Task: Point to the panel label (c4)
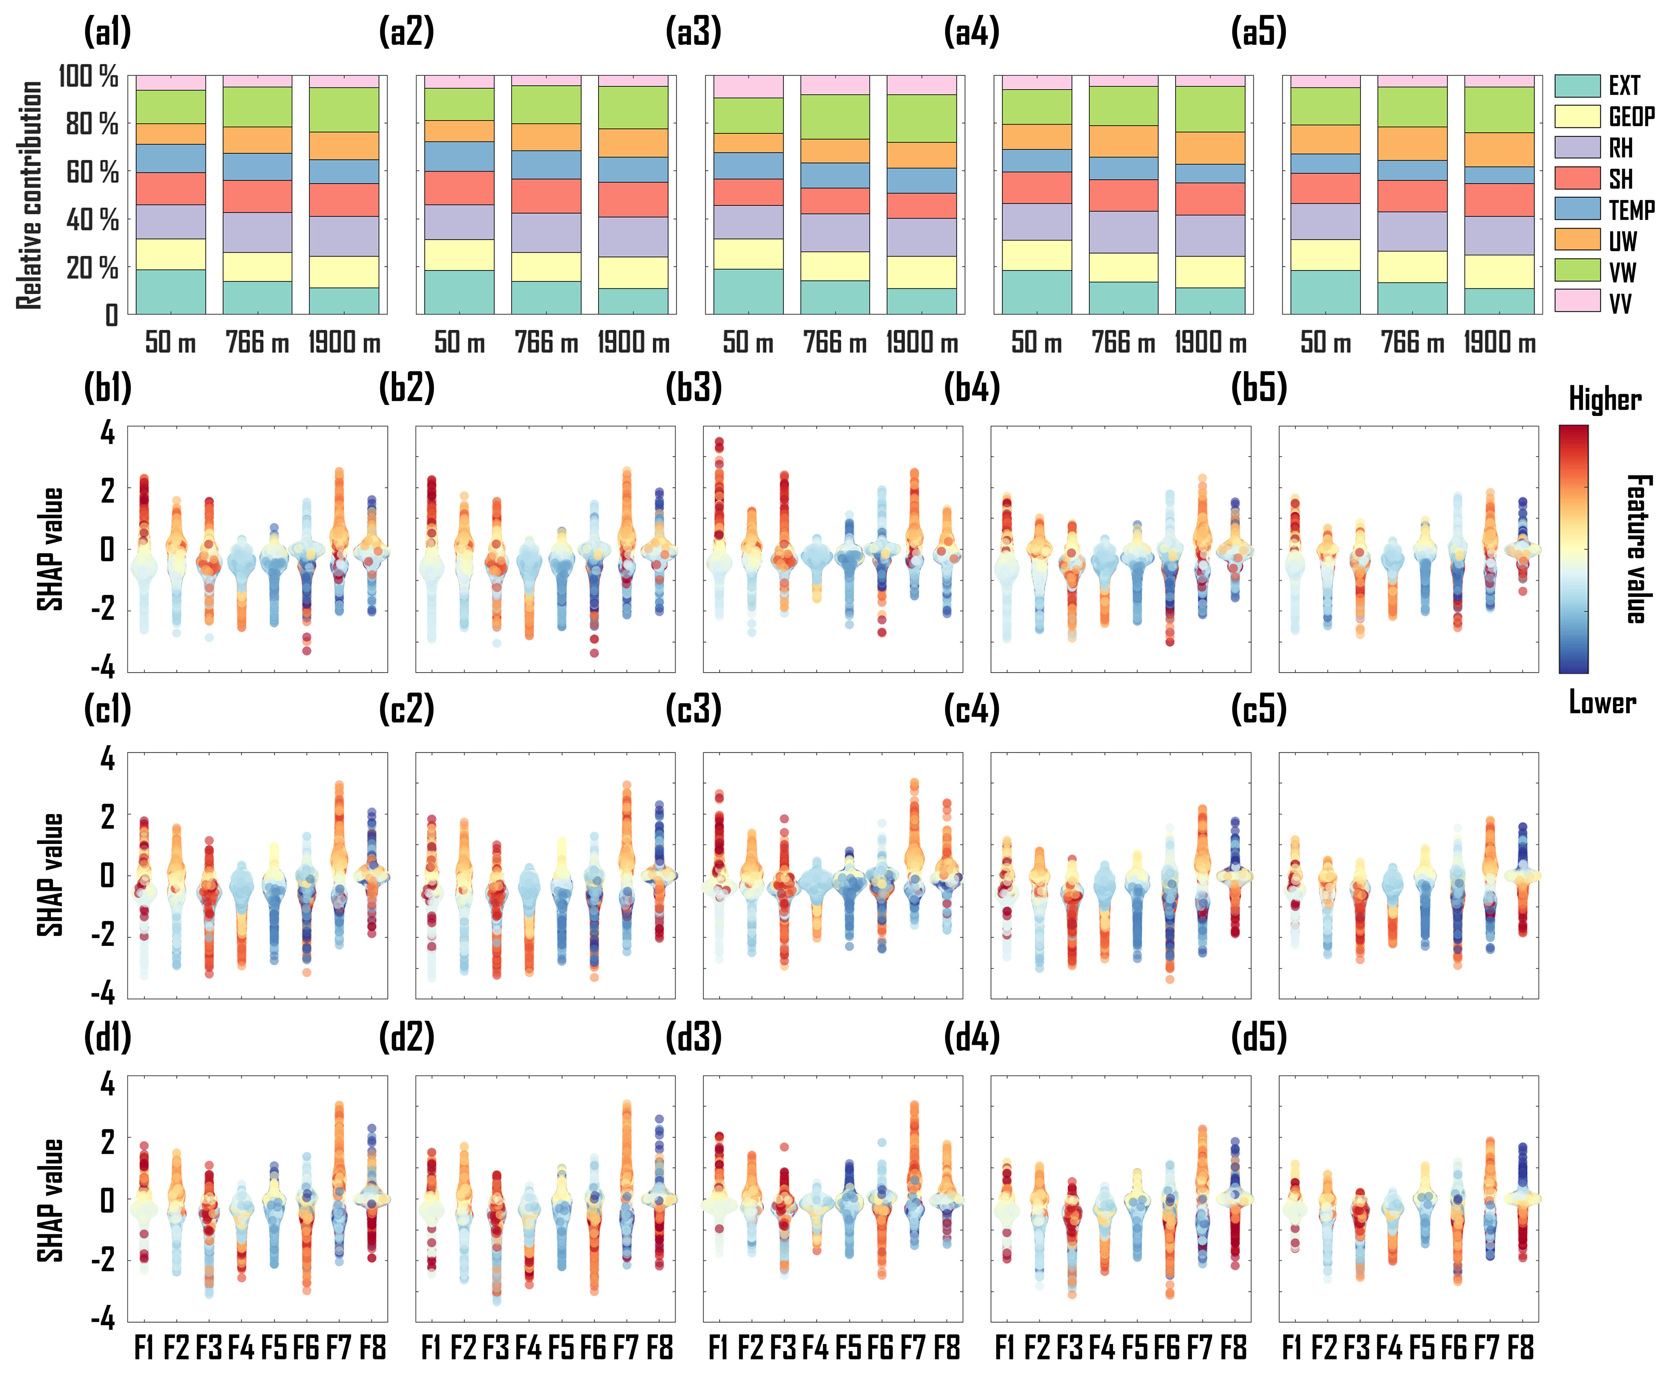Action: [x=971, y=709]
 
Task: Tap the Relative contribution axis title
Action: [x=30, y=195]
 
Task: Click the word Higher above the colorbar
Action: [x=1605, y=399]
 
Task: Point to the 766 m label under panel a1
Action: [x=257, y=343]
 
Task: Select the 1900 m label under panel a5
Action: [x=1499, y=343]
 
